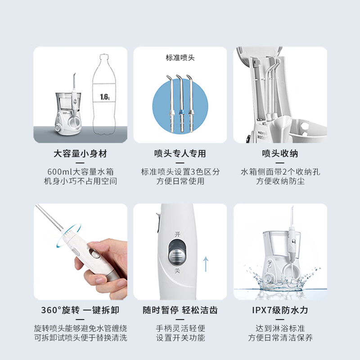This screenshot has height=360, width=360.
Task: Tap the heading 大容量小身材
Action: point(81,154)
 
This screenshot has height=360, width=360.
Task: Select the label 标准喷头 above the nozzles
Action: point(180,58)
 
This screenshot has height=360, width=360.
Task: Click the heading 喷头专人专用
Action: point(180,154)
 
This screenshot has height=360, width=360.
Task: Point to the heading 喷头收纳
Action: point(279,154)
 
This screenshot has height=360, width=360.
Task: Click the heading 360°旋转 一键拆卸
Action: point(81,310)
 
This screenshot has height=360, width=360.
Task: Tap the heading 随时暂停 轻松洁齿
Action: point(180,310)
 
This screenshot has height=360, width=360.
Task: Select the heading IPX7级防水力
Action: point(279,310)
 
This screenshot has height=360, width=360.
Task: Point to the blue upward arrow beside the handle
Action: point(205,264)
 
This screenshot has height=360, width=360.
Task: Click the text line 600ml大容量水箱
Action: point(81,172)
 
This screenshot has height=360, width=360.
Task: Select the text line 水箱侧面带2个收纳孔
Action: point(279,172)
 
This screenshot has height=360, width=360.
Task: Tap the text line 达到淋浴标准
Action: point(279,328)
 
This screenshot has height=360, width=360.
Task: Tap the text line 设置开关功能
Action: point(180,338)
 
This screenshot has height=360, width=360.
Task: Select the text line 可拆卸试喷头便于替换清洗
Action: point(81,338)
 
